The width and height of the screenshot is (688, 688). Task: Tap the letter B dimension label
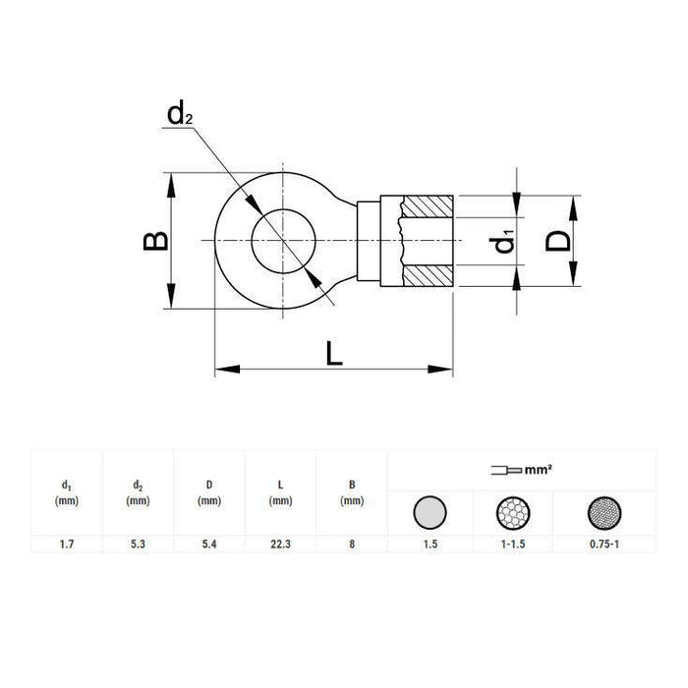point(155,242)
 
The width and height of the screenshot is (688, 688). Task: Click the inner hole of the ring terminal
point(282,241)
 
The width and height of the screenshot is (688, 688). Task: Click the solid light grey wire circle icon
point(430,512)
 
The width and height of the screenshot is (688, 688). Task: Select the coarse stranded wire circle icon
point(516,512)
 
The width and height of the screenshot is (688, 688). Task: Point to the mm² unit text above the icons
point(535,471)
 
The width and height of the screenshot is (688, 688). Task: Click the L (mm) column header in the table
point(280,492)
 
